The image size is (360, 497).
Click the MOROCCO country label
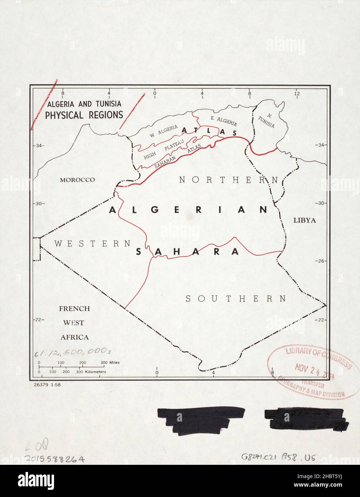coord(77,180)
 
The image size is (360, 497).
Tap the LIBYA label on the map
coord(305,220)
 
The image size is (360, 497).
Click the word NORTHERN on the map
coord(228,180)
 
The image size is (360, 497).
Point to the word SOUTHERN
coord(236,299)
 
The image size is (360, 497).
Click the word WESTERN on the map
coord(92,243)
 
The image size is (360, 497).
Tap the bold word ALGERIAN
coord(188,210)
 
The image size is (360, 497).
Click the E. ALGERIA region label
coord(223,121)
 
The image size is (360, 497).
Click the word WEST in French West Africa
coord(74,323)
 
